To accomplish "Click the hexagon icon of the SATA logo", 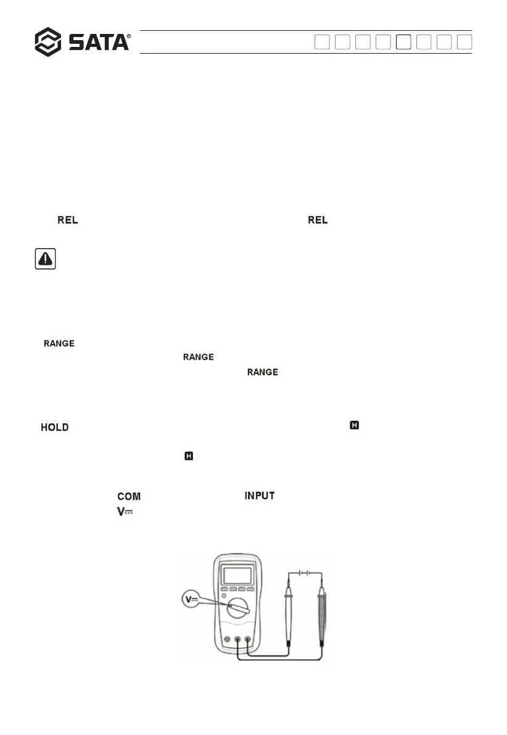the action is pyautogui.click(x=47, y=42).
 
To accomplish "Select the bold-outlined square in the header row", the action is pyautogui.click(x=403, y=42).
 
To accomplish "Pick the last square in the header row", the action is pyautogui.click(x=465, y=42).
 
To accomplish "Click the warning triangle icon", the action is pyautogui.click(x=46, y=259).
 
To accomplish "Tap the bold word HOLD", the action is pyautogui.click(x=55, y=427).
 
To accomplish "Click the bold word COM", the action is pyautogui.click(x=129, y=496).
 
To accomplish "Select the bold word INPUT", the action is pyautogui.click(x=260, y=496).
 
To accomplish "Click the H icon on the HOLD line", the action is pyautogui.click(x=354, y=425).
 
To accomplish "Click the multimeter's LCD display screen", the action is pyautogui.click(x=237, y=575).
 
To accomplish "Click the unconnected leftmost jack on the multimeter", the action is pyautogui.click(x=228, y=640).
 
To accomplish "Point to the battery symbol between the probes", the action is pyautogui.click(x=303, y=572).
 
